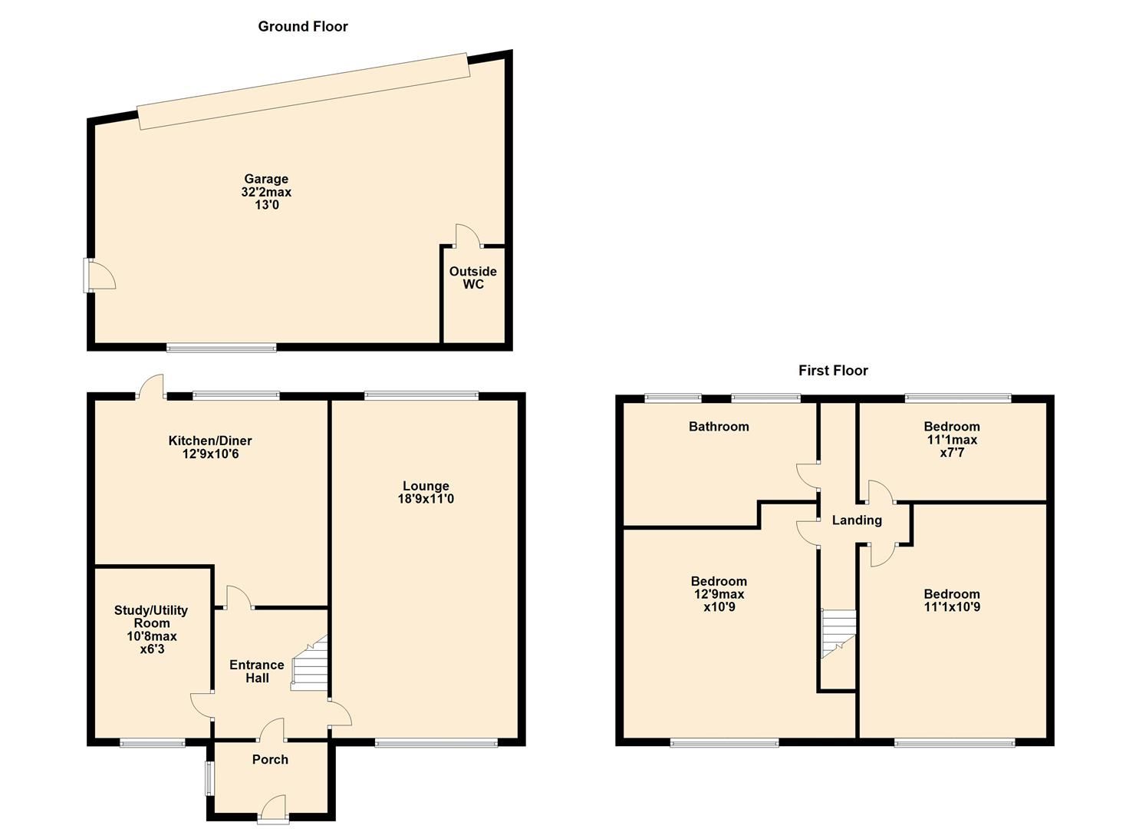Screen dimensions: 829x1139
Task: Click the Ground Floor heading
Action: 303,27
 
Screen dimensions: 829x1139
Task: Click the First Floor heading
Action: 833,371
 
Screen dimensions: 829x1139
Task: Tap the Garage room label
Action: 266,180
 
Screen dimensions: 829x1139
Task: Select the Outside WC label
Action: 472,278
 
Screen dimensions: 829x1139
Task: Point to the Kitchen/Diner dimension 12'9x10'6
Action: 210,454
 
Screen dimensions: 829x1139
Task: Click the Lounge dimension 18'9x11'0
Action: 426,499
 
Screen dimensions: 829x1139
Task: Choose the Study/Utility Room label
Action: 151,616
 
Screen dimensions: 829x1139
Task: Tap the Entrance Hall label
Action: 257,672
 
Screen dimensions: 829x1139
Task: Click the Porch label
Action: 270,760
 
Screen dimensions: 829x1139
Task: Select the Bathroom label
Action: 719,427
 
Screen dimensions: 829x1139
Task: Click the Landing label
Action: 857,520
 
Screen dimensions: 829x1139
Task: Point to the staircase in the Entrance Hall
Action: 311,665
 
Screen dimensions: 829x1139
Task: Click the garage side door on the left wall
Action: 99,275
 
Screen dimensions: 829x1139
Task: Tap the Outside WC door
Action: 468,236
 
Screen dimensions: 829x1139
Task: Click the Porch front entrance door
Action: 273,808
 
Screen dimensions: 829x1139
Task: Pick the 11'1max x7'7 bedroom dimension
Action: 951,446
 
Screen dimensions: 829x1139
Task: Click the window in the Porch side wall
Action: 207,778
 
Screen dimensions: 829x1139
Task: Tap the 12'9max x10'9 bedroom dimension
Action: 719,601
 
